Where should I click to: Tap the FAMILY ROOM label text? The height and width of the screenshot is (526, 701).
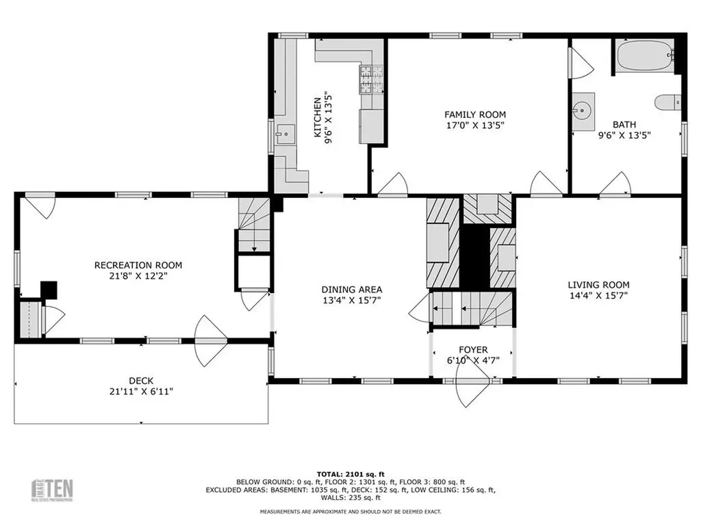[x=475, y=115]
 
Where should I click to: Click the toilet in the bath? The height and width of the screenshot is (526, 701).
[x=667, y=103]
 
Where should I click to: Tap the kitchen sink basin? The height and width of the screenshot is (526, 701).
[x=283, y=134]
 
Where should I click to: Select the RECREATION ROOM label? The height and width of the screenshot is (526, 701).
[x=138, y=265]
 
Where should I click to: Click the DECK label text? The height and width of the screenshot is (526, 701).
[x=141, y=381]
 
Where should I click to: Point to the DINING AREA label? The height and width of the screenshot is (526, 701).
[x=352, y=290]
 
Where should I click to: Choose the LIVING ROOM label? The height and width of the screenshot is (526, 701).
[x=598, y=285]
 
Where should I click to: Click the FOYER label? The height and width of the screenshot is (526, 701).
[x=473, y=350]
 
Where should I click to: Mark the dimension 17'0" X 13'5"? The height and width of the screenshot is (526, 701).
[x=475, y=126]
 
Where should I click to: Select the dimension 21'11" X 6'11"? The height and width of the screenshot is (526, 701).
[x=141, y=392]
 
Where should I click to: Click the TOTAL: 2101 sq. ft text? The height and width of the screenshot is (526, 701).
[x=350, y=474]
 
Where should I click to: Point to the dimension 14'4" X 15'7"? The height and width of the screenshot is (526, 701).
[x=598, y=296]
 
